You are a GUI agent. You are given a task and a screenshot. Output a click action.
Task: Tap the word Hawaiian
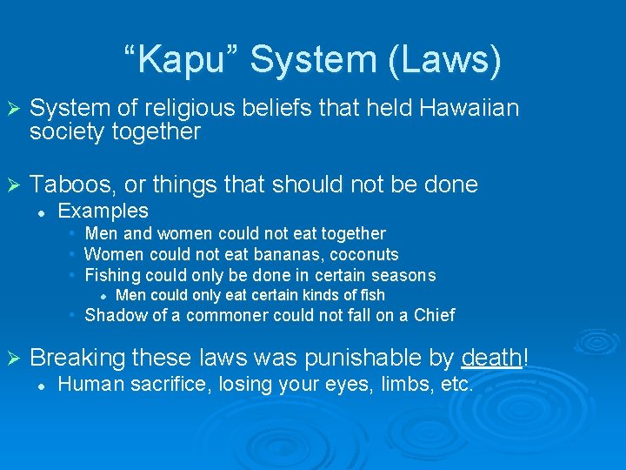[469, 108]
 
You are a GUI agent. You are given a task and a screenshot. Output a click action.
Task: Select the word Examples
[103, 211]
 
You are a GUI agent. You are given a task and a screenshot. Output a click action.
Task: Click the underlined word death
[492, 358]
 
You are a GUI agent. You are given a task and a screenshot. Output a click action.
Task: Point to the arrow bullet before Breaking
[12, 359]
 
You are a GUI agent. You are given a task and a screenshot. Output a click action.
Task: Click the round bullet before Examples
[41, 211]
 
